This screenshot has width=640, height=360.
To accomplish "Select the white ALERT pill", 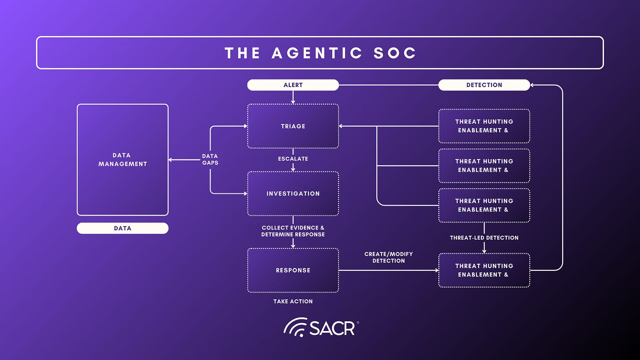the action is [293, 85].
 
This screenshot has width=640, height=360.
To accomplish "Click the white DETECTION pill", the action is [484, 85].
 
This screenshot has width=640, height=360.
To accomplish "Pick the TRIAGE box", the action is [293, 126].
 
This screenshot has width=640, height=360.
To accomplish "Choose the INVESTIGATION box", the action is [293, 193].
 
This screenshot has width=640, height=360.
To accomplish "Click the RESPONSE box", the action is [293, 270].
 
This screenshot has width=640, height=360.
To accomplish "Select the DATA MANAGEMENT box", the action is [123, 160].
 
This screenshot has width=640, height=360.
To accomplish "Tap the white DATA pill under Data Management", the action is [123, 228].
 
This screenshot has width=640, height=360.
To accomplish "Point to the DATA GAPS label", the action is [210, 160].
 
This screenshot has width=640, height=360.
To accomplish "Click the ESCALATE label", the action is [293, 159].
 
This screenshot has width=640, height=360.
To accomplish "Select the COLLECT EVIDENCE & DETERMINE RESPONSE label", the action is [293, 231].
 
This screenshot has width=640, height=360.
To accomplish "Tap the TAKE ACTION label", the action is [293, 302].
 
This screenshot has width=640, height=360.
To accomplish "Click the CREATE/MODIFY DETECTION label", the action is [389, 258].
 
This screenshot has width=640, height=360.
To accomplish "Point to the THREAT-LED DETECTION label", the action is [484, 238].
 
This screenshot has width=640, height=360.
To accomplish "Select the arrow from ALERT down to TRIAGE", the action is [293, 98].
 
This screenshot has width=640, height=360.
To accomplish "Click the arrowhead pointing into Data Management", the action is [171, 160].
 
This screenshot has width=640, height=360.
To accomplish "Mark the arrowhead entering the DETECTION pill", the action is [533, 85].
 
